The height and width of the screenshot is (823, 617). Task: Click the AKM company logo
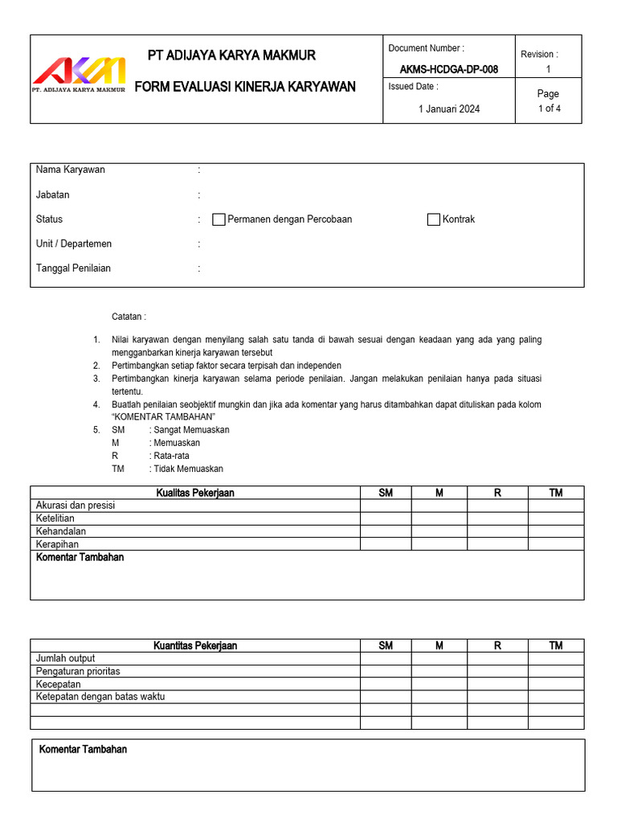[79, 74]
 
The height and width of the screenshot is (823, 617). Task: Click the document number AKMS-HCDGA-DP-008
[448, 69]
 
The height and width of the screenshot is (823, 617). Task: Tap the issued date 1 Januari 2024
[448, 109]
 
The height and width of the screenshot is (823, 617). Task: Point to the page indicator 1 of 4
[549, 109]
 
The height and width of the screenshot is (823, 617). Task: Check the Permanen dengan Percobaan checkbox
[219, 219]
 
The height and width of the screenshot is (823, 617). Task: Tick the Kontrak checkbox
[434, 219]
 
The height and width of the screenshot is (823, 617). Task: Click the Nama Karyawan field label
[71, 170]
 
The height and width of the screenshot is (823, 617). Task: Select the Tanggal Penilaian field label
[73, 268]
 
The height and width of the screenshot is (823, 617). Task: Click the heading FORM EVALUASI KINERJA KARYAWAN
[244, 87]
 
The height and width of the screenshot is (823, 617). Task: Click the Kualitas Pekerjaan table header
[195, 493]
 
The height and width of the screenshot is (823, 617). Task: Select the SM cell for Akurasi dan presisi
[386, 506]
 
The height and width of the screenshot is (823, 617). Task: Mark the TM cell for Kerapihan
[555, 544]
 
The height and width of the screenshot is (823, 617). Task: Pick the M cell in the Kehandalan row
[439, 531]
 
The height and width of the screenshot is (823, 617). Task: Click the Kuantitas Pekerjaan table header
[195, 645]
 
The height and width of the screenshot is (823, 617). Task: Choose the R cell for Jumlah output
[497, 658]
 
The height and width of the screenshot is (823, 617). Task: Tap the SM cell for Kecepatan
[386, 684]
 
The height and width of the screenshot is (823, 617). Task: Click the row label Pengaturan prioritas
[78, 671]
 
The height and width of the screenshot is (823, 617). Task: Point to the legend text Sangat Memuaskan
[191, 430]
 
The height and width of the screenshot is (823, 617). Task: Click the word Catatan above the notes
[129, 317]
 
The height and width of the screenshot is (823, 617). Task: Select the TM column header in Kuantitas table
[555, 645]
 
